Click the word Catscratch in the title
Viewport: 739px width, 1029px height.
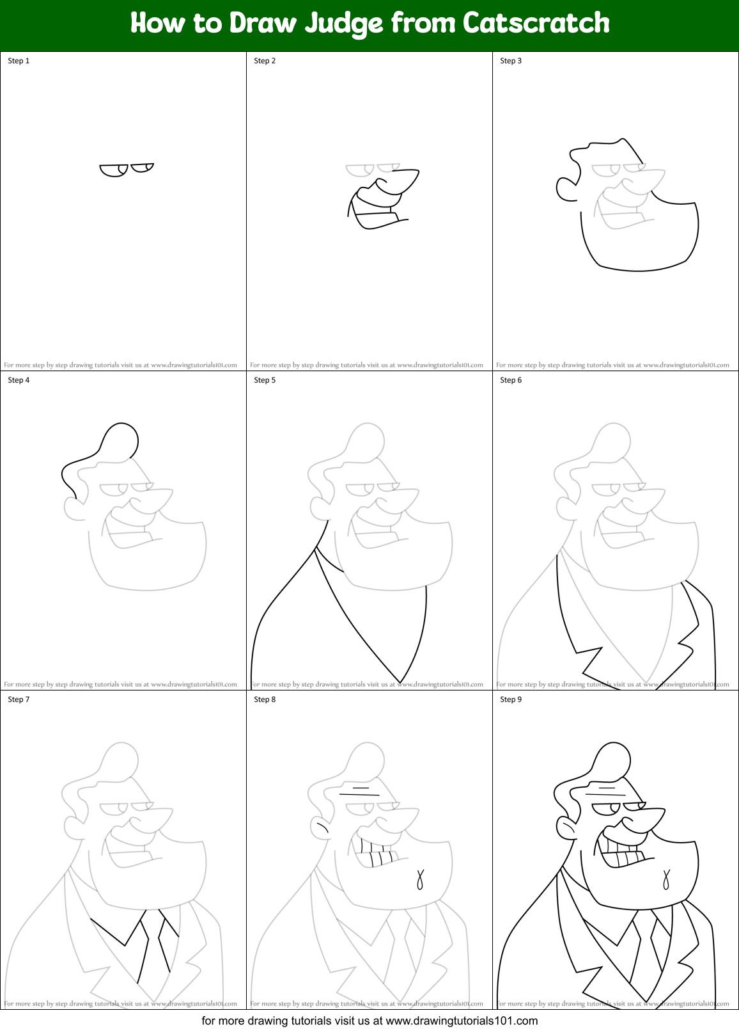536,23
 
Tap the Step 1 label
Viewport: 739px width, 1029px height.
19,61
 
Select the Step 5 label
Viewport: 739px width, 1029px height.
265,380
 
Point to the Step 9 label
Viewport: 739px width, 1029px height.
511,699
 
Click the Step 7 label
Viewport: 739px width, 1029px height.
19,699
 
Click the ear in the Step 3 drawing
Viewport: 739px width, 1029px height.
566,188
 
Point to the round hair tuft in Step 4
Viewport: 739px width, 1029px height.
120,440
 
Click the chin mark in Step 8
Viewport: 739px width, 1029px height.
420,879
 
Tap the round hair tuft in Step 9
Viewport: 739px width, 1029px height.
612,760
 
